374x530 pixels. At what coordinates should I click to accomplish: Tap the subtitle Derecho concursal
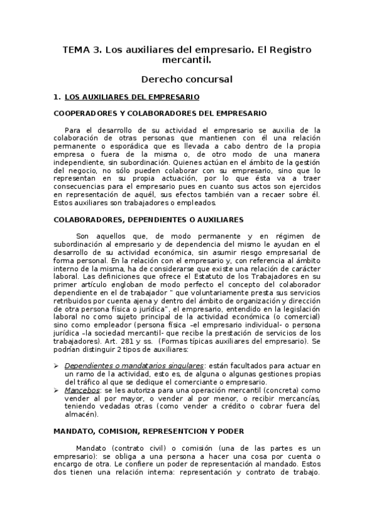tap(187, 79)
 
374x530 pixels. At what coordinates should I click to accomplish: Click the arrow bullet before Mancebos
tap(57, 389)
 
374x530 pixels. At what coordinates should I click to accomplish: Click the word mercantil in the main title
tap(187, 61)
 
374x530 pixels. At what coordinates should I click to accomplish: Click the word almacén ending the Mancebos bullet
tap(81, 414)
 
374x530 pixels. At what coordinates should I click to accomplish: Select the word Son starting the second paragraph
tap(83, 236)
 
